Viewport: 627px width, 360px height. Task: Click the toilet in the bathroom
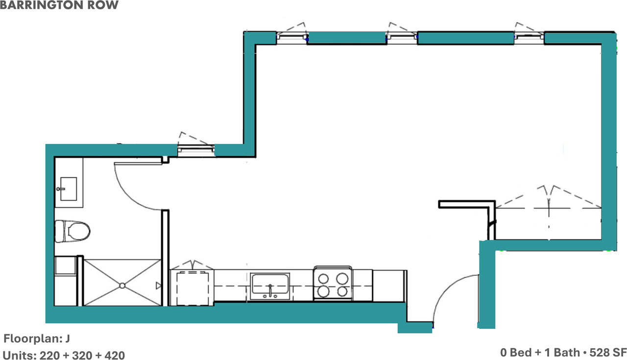[72, 231]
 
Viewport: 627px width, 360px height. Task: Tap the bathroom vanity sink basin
[68, 189]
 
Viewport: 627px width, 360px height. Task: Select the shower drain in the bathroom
[122, 286]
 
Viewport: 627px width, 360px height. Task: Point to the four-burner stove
[333, 283]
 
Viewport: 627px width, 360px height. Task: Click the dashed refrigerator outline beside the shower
[193, 288]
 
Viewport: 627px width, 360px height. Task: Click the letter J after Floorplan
[68, 339]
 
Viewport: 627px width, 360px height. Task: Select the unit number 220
[50, 356]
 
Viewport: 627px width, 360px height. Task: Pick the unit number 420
[115, 356]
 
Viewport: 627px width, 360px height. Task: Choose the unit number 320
[82, 356]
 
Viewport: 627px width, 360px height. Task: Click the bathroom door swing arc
[134, 193]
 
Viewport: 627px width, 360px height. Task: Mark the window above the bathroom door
[196, 150]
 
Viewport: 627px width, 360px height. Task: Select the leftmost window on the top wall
[292, 38]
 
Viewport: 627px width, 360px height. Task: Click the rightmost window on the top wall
[529, 38]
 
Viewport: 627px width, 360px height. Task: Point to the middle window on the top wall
[402, 38]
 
